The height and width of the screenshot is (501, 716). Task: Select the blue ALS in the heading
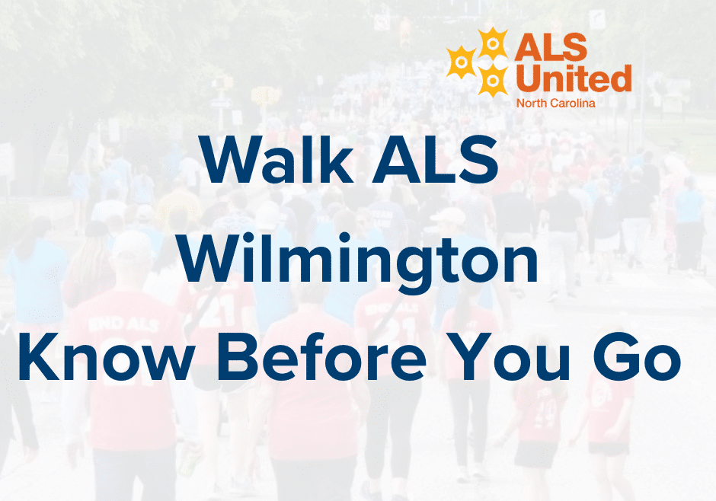tap(435, 159)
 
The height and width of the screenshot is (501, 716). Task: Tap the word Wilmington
tap(357, 261)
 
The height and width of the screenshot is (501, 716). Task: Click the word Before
tap(322, 356)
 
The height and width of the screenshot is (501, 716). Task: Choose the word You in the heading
tap(508, 356)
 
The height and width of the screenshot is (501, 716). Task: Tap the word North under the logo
tap(529, 104)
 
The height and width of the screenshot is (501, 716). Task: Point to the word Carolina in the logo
tap(571, 104)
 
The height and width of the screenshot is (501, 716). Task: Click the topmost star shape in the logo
tap(492, 43)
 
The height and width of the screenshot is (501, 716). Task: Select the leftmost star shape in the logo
tap(461, 62)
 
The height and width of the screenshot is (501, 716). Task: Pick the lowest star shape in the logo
tap(492, 80)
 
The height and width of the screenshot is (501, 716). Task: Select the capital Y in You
tap(468, 357)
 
